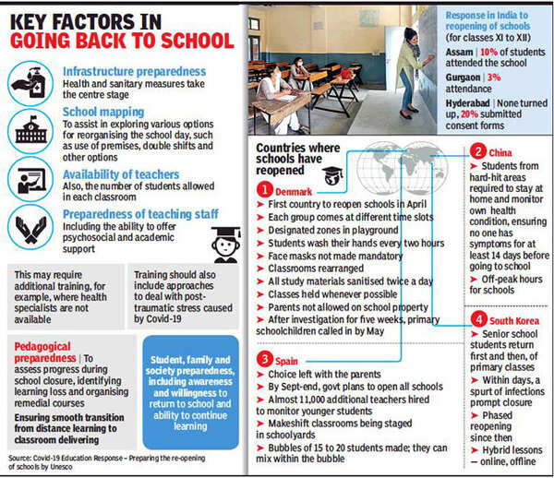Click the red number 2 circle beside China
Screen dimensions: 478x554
[477, 152]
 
